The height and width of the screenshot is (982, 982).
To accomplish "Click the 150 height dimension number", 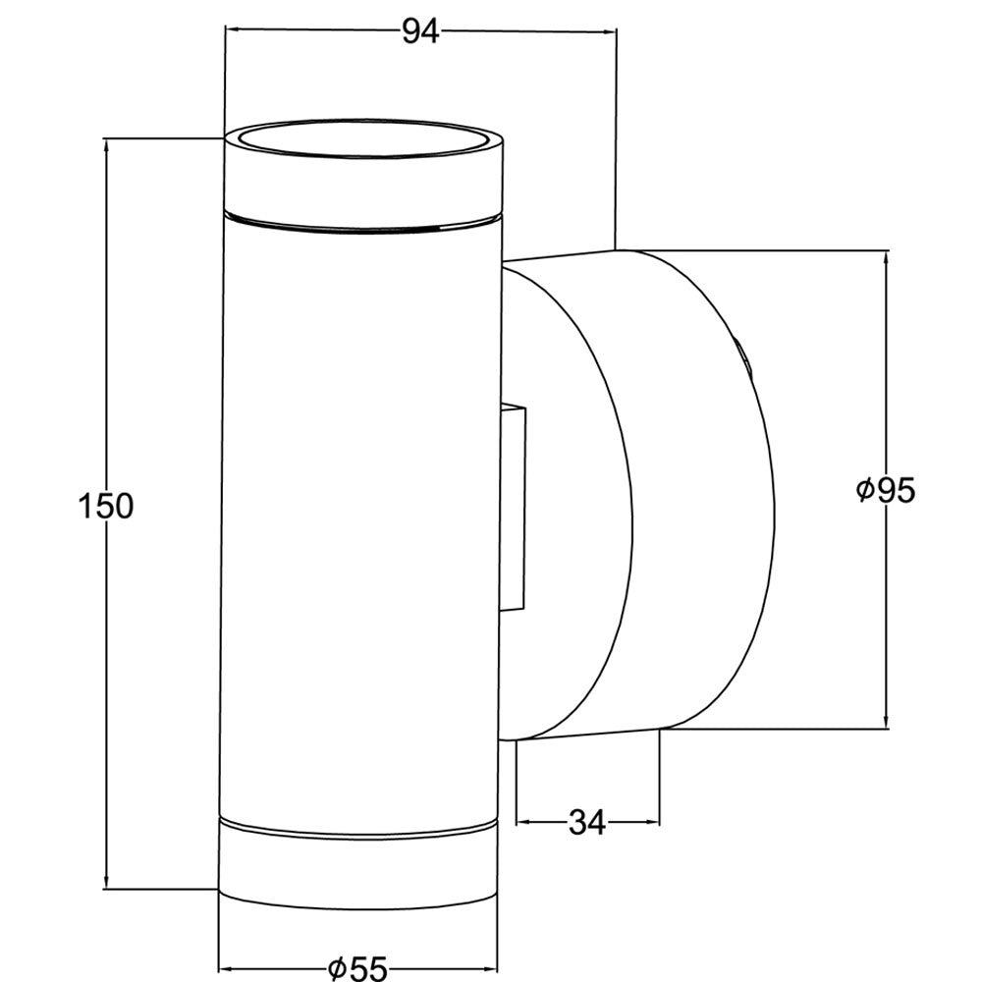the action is point(106,506).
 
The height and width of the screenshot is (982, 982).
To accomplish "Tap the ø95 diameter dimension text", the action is point(886,490).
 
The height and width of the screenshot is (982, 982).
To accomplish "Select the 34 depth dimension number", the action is point(587,822).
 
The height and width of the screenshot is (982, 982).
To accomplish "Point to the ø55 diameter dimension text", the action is point(358,968).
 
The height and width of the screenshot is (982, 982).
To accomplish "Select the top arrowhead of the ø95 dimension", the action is point(886,259).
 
